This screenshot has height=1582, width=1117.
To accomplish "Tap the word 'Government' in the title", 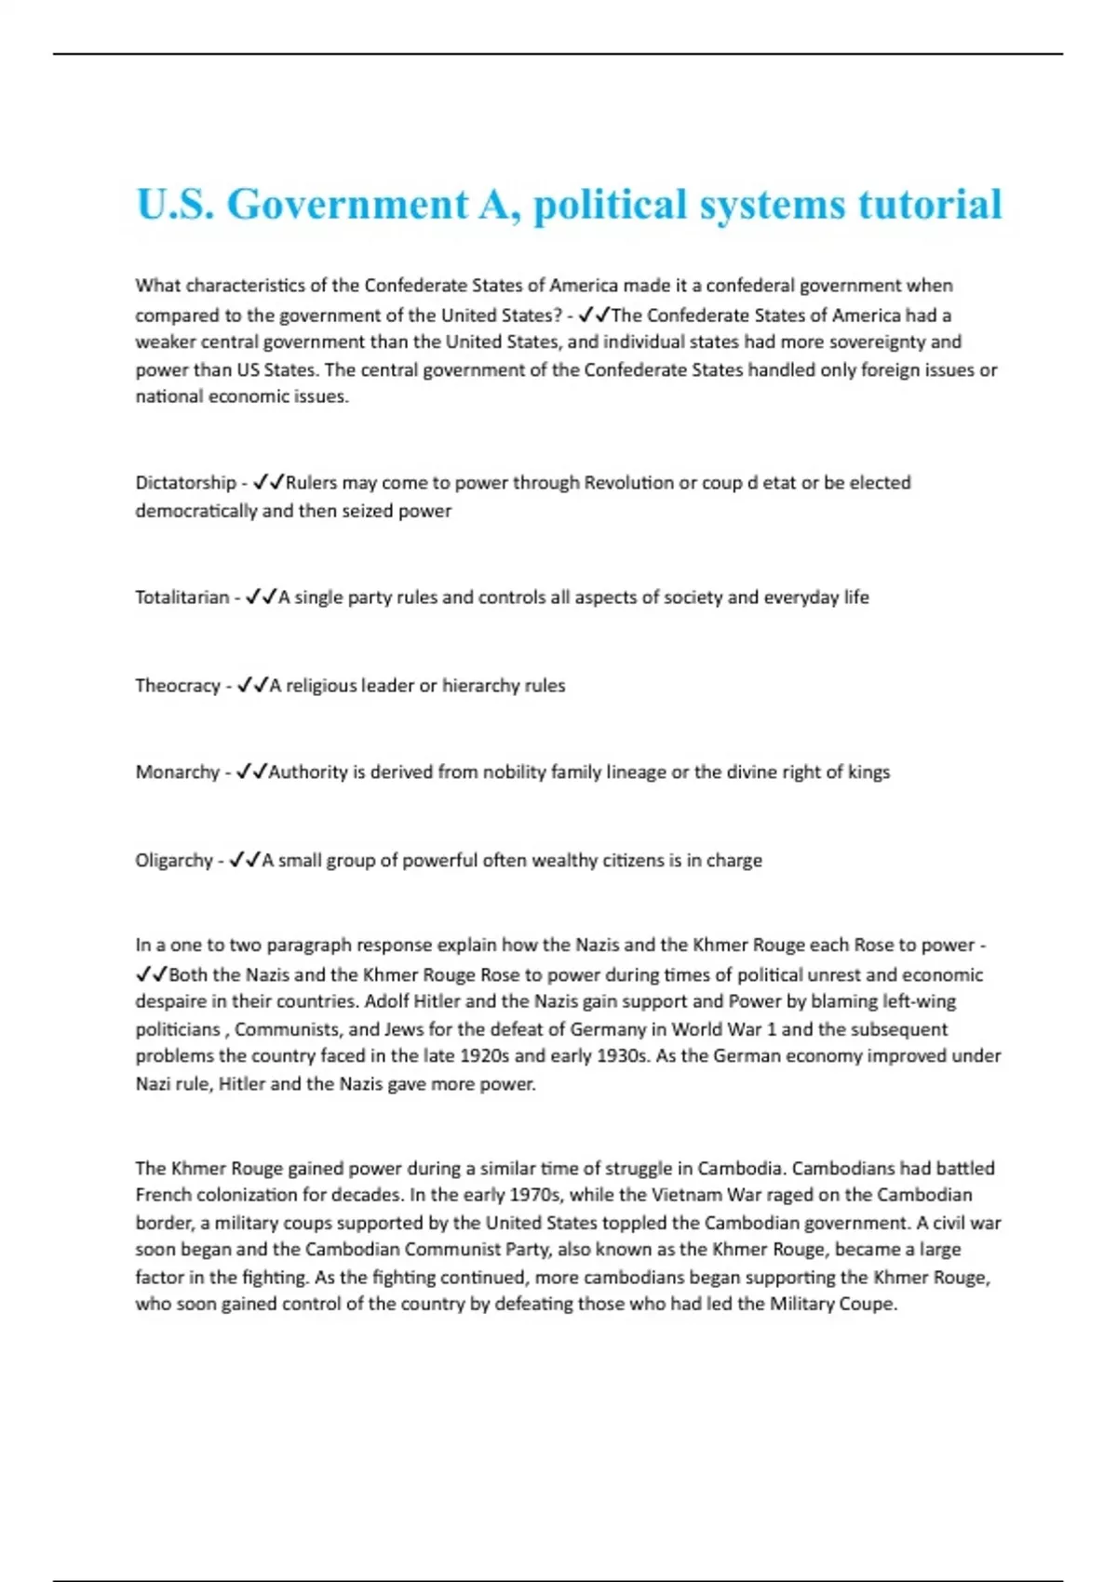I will (x=348, y=205).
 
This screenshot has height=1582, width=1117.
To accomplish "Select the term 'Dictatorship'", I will (x=185, y=483).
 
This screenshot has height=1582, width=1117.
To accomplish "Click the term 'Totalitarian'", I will (x=182, y=597).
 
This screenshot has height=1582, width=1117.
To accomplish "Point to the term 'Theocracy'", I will (x=177, y=686).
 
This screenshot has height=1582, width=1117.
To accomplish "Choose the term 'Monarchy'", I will (x=177, y=772).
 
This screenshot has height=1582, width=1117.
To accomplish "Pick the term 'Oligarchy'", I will (x=174, y=861).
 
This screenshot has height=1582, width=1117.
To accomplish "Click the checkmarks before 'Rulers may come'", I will (x=268, y=483).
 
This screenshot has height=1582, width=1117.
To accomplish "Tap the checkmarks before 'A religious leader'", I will (x=252, y=686).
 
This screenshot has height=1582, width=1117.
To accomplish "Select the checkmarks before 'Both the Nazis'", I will (x=152, y=975).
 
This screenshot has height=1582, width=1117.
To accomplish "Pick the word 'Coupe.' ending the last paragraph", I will (x=868, y=1304).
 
